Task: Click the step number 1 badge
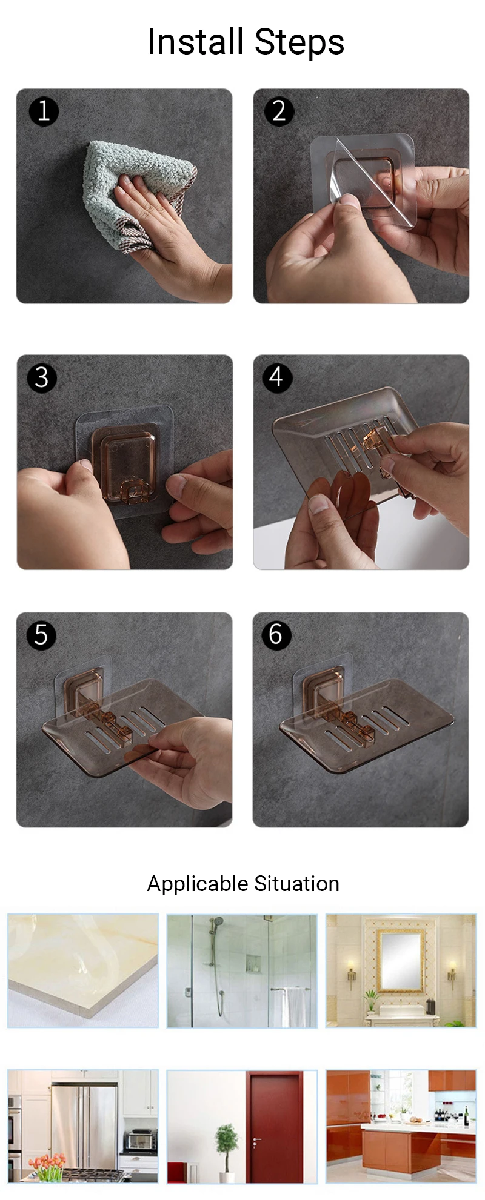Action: [43, 111]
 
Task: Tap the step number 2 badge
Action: [279, 111]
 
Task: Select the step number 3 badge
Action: [42, 377]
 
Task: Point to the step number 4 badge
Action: [277, 377]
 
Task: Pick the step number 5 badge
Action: [41, 635]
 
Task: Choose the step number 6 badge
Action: [276, 635]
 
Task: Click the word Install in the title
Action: [196, 42]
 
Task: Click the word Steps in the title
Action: [299, 43]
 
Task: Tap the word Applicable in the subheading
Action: [198, 884]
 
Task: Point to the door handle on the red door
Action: [256, 1141]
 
